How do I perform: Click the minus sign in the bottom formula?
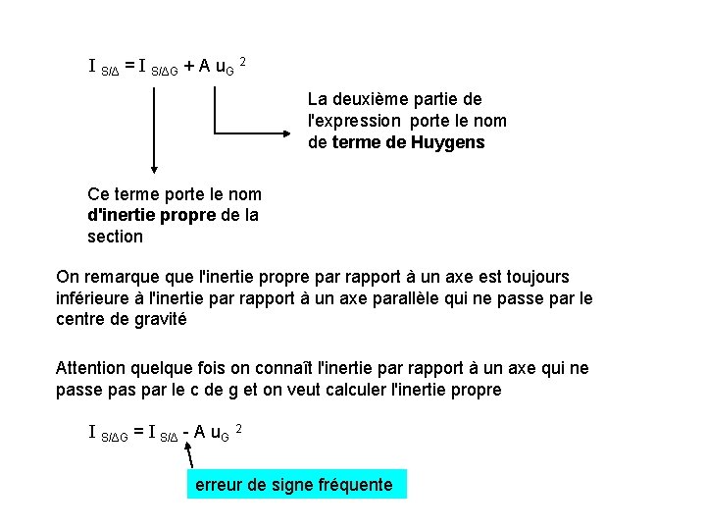tap(184, 432)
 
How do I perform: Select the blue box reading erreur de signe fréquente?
tap(295, 485)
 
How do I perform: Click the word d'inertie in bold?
tap(124, 215)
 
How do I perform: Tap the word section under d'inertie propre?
tap(115, 237)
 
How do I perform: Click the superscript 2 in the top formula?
tap(242, 62)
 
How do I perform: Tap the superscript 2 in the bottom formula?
tap(239, 428)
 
